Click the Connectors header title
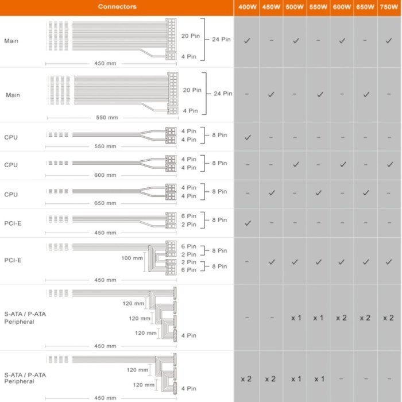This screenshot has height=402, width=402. (x=117, y=7)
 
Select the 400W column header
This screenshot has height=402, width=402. (x=247, y=7)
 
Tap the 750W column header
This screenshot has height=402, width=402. (x=389, y=7)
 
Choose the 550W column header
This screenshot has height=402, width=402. (x=318, y=7)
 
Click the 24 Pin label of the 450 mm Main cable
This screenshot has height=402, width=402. (x=221, y=39)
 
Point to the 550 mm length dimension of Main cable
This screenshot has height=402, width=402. (x=106, y=118)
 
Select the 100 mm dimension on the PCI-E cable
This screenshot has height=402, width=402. (x=132, y=258)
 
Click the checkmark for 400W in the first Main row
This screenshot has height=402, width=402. (x=247, y=41)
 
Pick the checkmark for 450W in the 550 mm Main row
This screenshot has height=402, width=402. (x=271, y=94)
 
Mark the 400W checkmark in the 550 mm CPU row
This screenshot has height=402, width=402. (x=247, y=137)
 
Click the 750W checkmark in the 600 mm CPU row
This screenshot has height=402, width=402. (x=389, y=164)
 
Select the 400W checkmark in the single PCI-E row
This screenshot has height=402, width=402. (x=247, y=223)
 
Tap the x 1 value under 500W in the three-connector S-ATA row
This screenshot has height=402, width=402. (x=295, y=318)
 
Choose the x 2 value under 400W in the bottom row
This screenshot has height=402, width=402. (x=247, y=379)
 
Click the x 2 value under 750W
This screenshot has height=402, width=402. (x=388, y=318)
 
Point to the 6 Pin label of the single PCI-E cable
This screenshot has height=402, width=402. (x=189, y=216)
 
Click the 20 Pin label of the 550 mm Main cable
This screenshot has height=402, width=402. (x=192, y=90)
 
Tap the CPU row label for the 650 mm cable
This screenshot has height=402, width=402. (x=11, y=194)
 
